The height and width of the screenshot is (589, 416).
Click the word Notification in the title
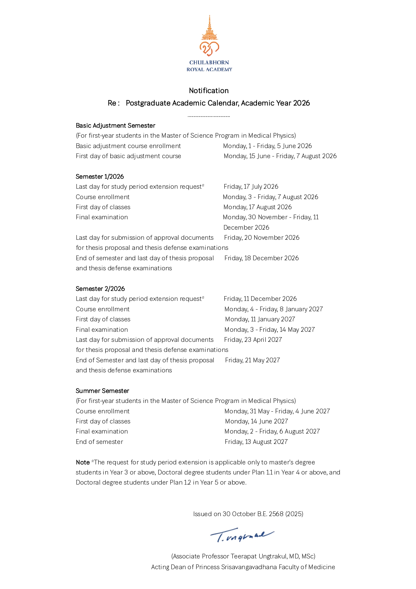click(209, 91)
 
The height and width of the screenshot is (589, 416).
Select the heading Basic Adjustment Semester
click(115, 126)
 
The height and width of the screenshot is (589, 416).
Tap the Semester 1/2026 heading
click(100, 177)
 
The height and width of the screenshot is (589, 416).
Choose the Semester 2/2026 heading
click(100, 289)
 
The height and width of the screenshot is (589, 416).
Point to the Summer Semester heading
click(102, 391)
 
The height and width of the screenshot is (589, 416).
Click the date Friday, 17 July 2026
click(251, 187)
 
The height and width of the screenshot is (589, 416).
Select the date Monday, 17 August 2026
click(257, 207)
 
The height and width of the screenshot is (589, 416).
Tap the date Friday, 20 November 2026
click(262, 238)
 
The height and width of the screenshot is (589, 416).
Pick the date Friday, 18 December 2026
click(261, 258)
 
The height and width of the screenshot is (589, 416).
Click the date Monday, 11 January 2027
click(260, 319)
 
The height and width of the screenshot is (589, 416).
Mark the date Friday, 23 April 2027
click(253, 340)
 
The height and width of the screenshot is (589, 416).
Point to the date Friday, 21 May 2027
click(252, 360)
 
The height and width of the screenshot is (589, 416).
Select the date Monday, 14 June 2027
click(256, 421)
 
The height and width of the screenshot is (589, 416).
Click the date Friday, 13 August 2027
click(256, 442)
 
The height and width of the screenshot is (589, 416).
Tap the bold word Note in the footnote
click(83, 462)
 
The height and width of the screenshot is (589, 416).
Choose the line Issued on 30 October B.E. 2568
click(248, 514)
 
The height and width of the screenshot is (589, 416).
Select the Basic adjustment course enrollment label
click(128, 146)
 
